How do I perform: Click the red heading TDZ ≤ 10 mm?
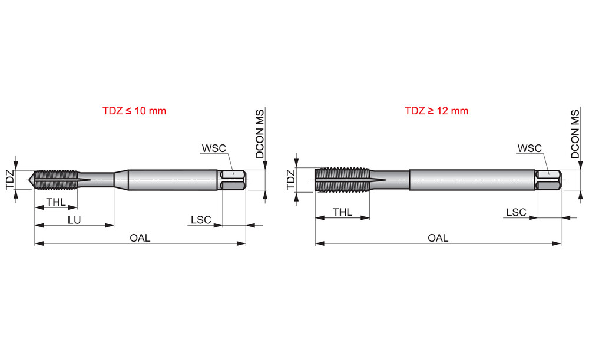click(x=134, y=111)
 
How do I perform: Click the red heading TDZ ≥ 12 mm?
click(x=436, y=111)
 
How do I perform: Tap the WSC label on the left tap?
click(x=214, y=148)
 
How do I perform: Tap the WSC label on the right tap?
click(x=530, y=148)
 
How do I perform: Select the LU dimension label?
click(x=74, y=220)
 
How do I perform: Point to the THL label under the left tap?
click(x=56, y=202)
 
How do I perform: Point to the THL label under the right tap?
click(x=343, y=212)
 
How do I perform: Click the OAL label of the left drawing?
click(x=140, y=238)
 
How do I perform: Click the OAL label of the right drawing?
click(x=438, y=238)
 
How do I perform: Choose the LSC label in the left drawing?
click(x=201, y=219)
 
